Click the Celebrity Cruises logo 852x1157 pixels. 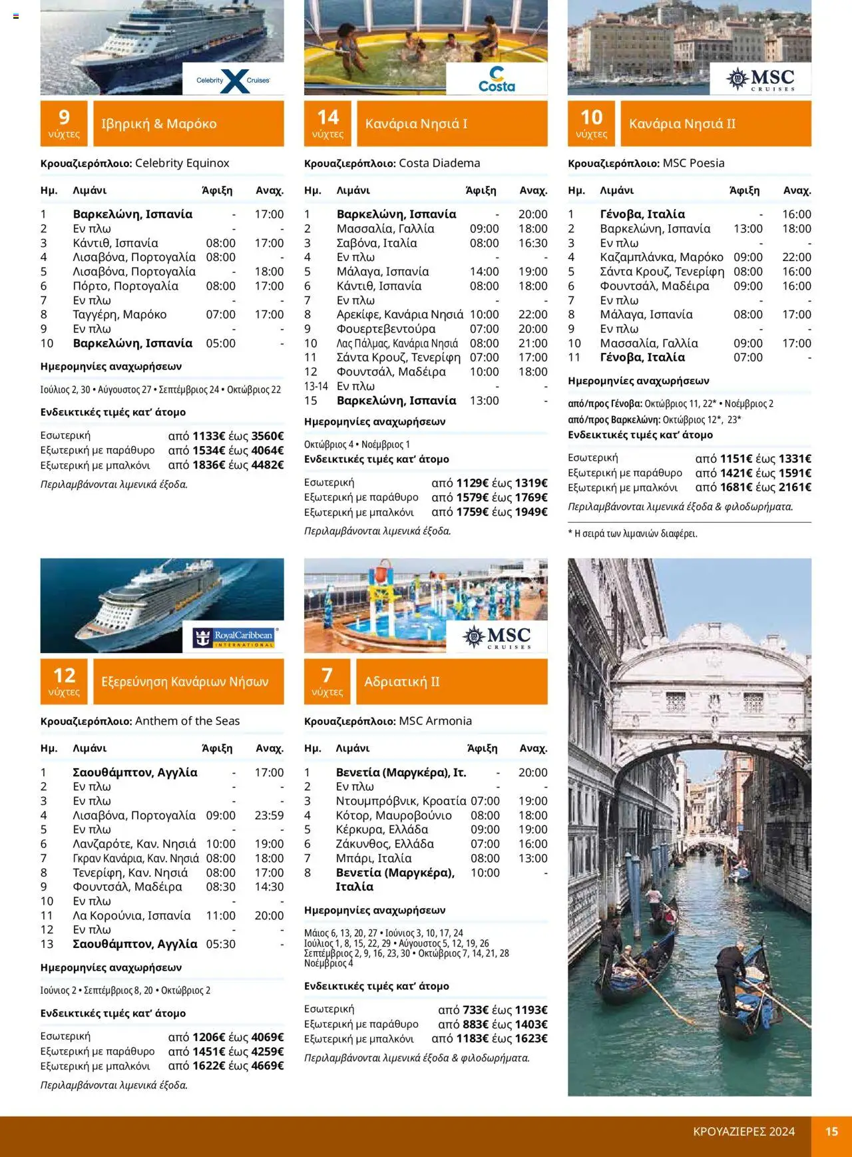233,80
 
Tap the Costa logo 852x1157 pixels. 497,80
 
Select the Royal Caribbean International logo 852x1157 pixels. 234,638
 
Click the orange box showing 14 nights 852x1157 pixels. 327,124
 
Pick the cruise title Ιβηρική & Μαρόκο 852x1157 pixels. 159,124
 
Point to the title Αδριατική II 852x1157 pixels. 402,682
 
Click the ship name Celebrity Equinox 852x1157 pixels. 182,163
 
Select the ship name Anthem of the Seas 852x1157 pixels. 187,721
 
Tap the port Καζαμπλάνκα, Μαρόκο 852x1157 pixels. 662,257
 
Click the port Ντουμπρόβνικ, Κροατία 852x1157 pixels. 401,801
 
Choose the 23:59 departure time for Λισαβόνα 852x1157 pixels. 269,815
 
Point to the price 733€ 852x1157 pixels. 475,1010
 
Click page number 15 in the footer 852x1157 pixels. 831,1132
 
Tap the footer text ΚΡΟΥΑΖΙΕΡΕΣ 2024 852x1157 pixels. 744,1132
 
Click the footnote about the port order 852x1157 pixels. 632,533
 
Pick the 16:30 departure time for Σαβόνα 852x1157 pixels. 532,243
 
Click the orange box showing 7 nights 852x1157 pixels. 327,682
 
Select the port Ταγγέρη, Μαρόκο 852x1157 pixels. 120,314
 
